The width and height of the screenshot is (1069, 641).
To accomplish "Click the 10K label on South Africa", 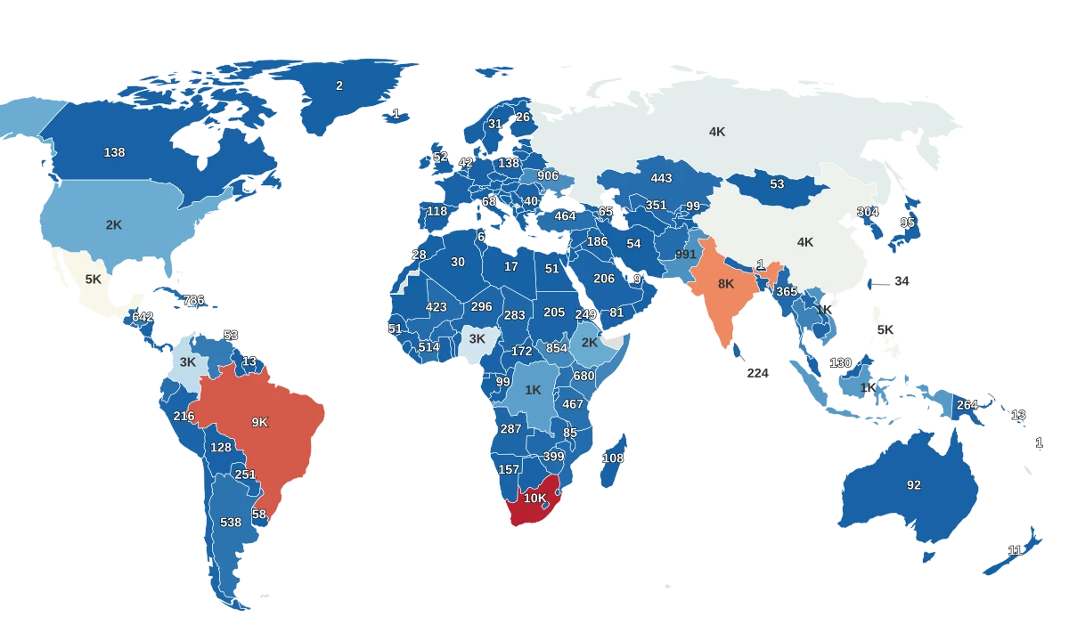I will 534,499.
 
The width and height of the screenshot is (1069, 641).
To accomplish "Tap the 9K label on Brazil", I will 259,422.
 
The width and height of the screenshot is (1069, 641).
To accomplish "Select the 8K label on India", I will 726,284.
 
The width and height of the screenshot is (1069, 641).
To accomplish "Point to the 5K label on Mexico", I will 94,280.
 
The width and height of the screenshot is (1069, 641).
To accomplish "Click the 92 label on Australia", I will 914,485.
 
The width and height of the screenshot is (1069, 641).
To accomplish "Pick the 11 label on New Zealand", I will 1016,549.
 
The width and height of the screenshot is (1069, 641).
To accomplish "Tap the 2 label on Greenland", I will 339,86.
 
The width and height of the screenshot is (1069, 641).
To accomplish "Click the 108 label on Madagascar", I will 613,458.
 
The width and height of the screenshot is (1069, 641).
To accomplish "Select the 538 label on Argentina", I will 231,523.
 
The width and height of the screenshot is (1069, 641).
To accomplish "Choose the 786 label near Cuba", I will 194,300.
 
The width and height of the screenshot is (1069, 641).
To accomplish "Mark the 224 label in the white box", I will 757,374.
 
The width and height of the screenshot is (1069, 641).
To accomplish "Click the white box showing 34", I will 902,281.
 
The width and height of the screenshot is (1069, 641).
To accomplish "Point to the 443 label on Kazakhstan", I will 661,178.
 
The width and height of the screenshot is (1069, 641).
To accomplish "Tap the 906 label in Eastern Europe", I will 548,176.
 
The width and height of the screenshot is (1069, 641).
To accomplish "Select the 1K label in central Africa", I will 533,390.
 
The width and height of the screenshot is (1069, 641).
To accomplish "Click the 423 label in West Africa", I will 437,307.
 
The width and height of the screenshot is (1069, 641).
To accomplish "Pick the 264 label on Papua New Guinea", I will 967,405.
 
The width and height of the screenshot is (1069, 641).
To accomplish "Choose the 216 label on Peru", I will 184,416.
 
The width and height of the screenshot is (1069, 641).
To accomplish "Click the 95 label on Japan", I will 908,223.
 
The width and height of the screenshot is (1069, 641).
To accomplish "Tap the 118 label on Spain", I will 437,211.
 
